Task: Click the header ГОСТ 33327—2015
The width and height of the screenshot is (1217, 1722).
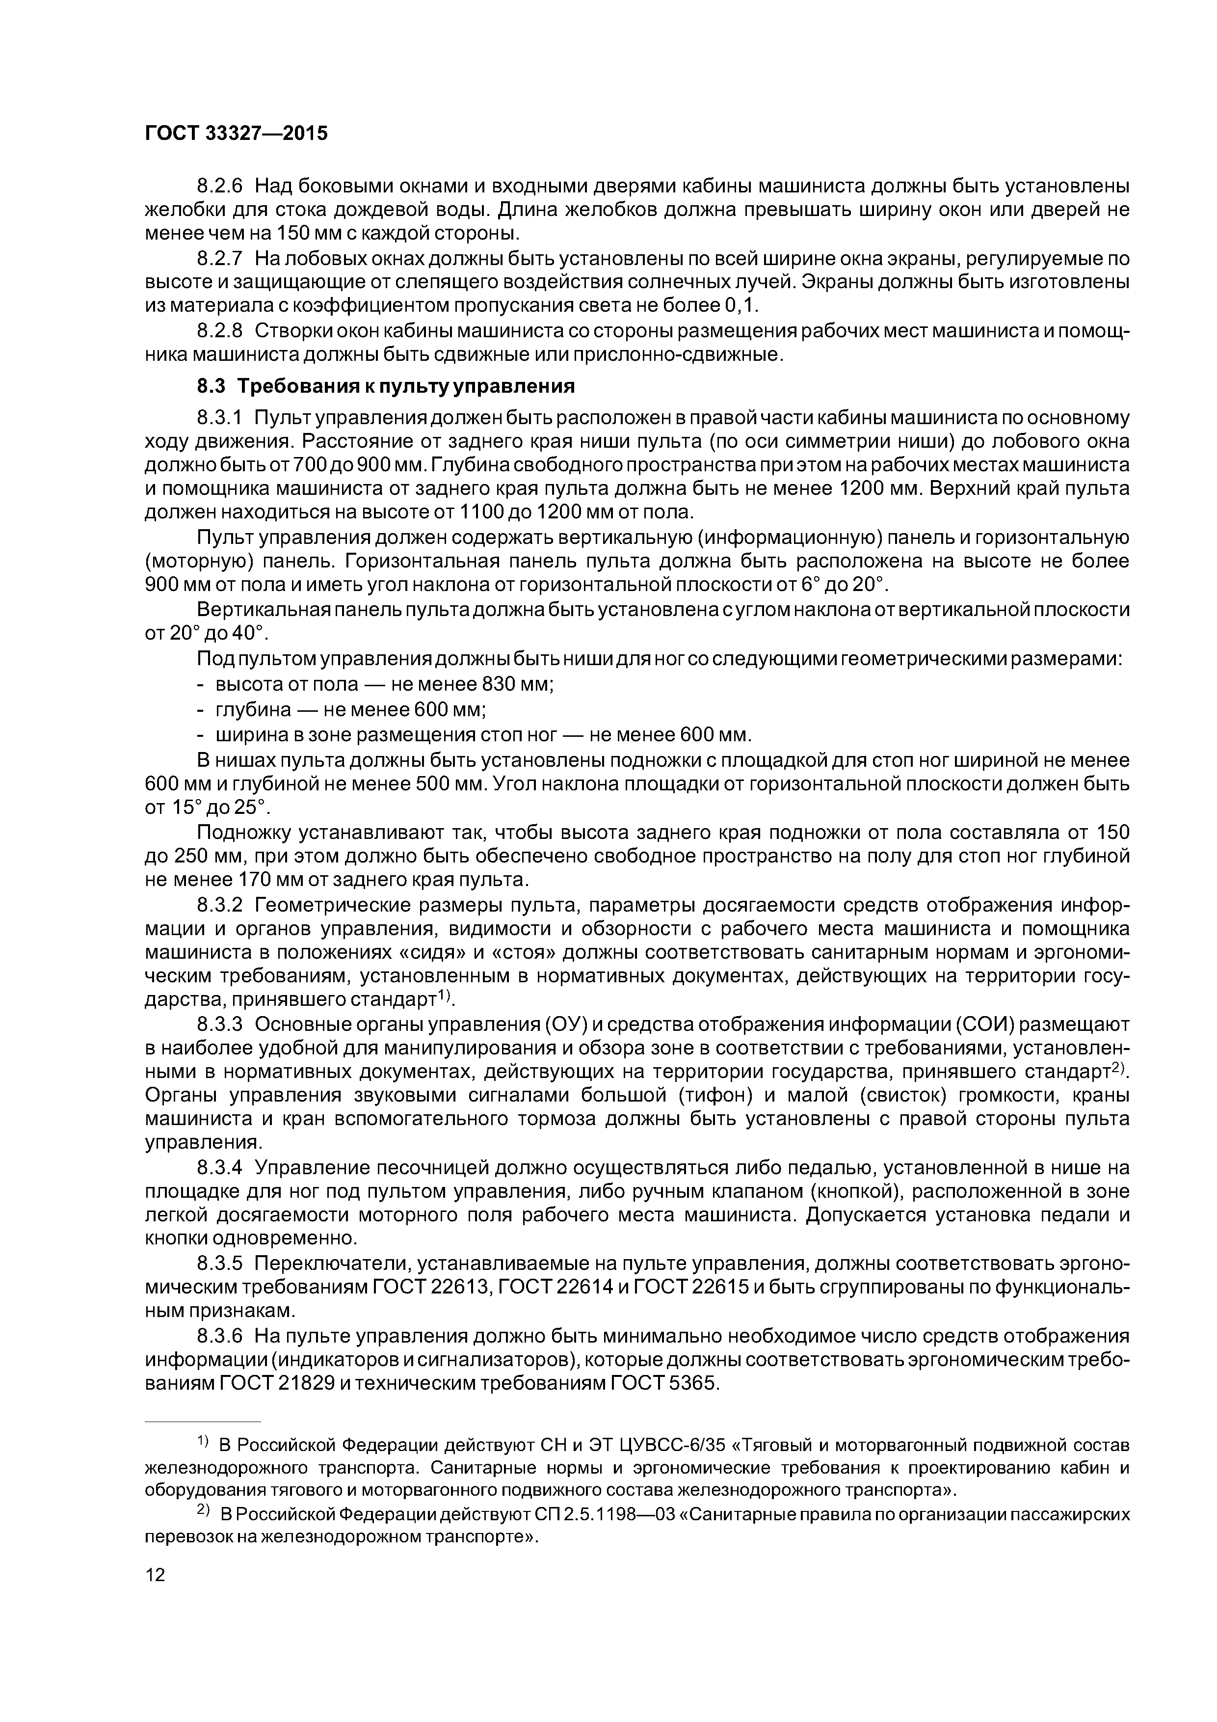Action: tap(236, 134)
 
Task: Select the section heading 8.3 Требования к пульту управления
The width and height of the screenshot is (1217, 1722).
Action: tap(385, 386)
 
